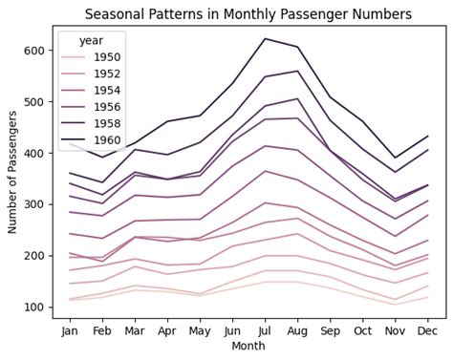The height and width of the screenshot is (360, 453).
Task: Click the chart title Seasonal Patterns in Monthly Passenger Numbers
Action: pos(248,14)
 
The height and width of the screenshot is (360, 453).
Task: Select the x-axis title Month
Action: pos(248,346)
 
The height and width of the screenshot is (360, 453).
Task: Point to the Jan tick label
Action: pos(69,329)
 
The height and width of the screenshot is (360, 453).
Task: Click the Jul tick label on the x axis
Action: pos(264,329)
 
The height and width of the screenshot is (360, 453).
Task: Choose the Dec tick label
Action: pos(426,329)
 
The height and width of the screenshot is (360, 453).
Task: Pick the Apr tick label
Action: pos(166,329)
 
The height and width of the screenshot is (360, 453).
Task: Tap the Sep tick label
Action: pos(329,329)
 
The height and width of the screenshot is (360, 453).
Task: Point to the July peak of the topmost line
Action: pos(264,39)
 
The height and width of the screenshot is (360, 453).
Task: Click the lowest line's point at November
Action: pos(394,305)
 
